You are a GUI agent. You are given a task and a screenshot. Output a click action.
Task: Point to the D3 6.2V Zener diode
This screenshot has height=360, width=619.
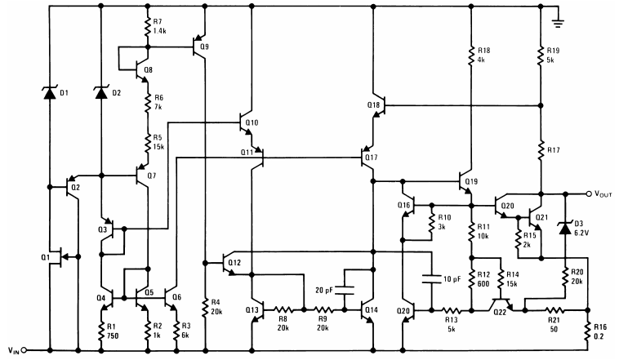point(563,229)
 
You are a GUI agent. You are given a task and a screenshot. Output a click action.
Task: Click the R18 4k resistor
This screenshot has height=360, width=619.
point(471,55)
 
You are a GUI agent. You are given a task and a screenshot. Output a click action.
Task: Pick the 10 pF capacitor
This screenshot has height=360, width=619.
point(429,279)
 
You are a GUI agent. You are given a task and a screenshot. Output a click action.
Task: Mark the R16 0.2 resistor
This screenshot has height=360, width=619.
point(588,331)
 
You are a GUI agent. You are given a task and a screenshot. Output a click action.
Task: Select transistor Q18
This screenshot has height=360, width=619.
point(378,106)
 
